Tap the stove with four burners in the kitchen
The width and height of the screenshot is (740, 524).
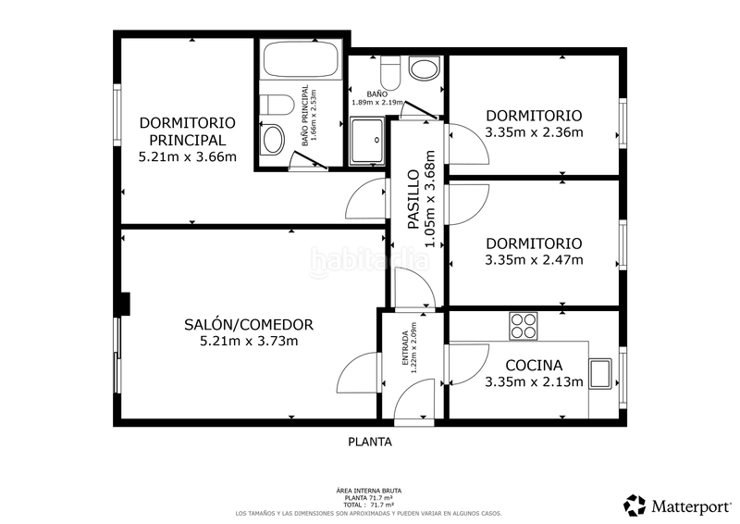coord(524,326)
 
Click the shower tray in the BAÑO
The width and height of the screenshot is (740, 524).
coord(367,143)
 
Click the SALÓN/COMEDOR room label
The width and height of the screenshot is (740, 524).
coord(249,325)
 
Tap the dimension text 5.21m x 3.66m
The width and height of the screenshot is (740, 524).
coord(187,156)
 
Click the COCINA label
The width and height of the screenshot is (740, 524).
coord(534,365)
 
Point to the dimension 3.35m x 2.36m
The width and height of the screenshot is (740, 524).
coord(534,132)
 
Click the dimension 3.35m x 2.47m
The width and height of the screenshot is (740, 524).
coord(534,259)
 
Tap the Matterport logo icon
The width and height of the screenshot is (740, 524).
coord(635,505)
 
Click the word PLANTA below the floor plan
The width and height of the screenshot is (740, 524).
coord(370,442)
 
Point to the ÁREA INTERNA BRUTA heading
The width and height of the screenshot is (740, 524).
coord(370,491)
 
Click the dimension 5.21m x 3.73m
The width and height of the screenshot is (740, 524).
coord(249,342)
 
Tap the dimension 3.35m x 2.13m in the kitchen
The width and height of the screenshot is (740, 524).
coord(534,381)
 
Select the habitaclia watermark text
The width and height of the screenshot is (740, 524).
coord(370,259)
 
